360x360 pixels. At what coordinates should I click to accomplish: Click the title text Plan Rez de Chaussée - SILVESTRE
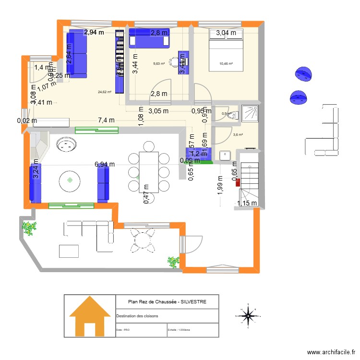click(167, 302)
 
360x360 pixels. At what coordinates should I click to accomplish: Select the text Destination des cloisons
click(137, 316)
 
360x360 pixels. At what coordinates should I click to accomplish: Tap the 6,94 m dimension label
click(105, 164)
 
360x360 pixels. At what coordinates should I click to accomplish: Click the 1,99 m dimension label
click(220, 184)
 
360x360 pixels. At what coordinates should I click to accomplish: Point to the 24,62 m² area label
click(104, 92)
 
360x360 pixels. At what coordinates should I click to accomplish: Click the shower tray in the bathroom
click(250, 113)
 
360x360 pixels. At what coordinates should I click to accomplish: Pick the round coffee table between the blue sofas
click(70, 180)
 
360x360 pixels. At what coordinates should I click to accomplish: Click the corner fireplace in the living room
click(40, 144)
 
